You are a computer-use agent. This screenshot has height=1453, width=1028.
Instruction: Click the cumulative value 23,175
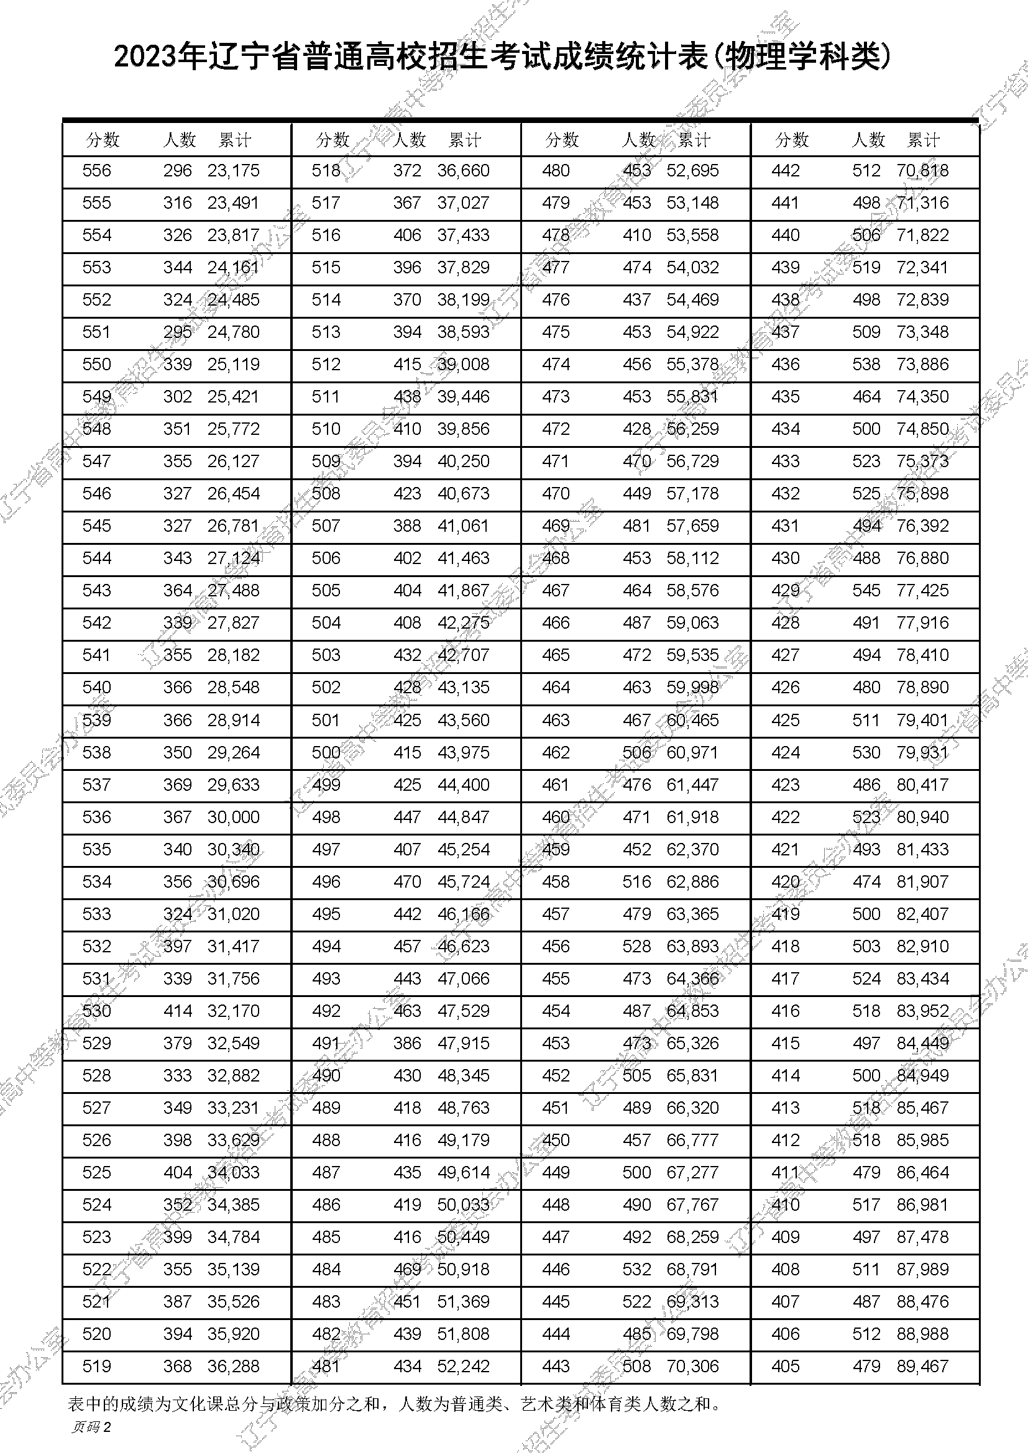click(x=234, y=171)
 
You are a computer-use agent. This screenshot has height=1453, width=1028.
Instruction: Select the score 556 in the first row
click(x=97, y=171)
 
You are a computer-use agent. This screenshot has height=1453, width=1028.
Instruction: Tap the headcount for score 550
click(x=177, y=365)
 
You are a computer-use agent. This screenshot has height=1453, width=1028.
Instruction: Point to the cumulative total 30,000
click(x=234, y=817)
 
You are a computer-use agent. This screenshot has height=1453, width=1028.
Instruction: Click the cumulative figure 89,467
click(x=922, y=1366)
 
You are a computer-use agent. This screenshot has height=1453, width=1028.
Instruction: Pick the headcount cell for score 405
click(x=866, y=1366)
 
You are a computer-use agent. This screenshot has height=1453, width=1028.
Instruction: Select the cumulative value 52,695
click(x=692, y=171)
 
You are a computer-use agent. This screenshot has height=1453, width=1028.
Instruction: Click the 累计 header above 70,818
click(x=924, y=140)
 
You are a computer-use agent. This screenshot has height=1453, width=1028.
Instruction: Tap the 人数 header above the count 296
click(x=180, y=140)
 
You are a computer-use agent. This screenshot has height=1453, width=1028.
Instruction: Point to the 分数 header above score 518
click(x=333, y=140)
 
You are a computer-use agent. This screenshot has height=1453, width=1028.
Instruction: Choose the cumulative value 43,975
click(x=464, y=752)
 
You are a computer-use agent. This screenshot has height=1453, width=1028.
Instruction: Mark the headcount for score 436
click(x=866, y=365)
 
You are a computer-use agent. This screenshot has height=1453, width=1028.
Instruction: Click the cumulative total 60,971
click(x=692, y=752)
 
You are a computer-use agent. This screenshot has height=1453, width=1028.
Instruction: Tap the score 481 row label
click(x=326, y=1366)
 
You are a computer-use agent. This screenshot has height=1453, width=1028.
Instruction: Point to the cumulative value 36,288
click(x=234, y=1366)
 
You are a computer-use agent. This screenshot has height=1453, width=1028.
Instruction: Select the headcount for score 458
click(x=636, y=881)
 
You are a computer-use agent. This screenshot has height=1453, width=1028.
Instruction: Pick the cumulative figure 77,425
click(x=922, y=590)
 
